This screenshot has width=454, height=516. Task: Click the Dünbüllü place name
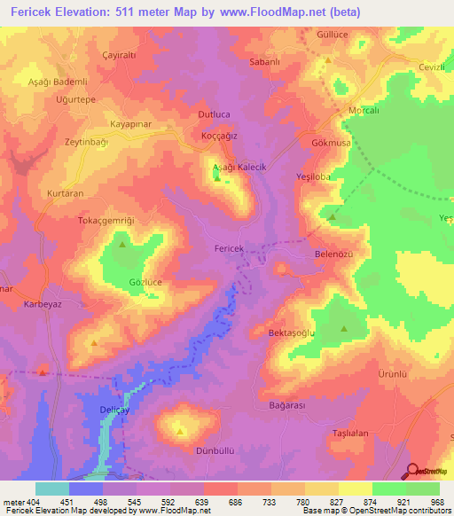coord(215,450)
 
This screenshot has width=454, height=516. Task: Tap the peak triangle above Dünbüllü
coord(180,432)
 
